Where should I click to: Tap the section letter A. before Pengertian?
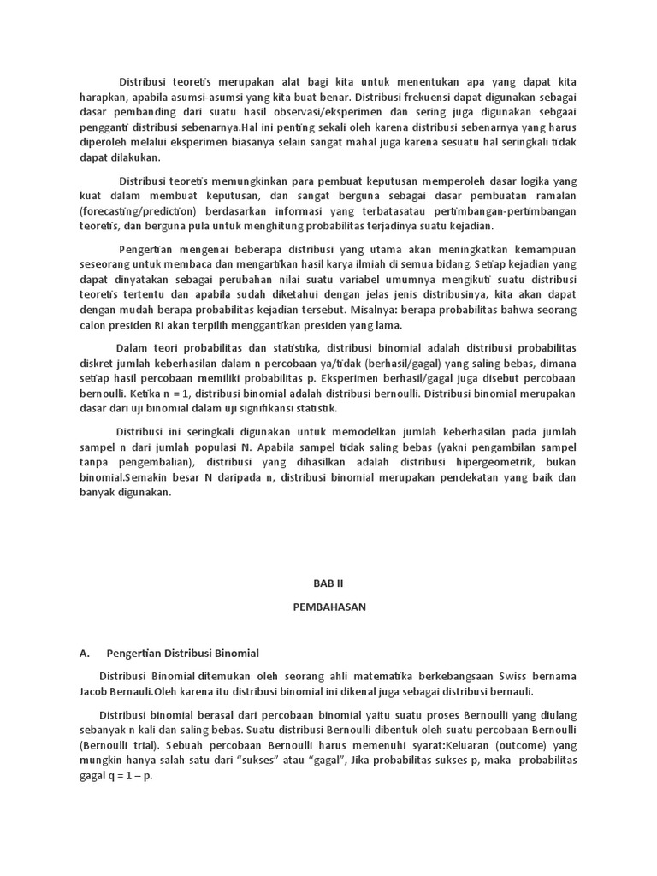85,654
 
